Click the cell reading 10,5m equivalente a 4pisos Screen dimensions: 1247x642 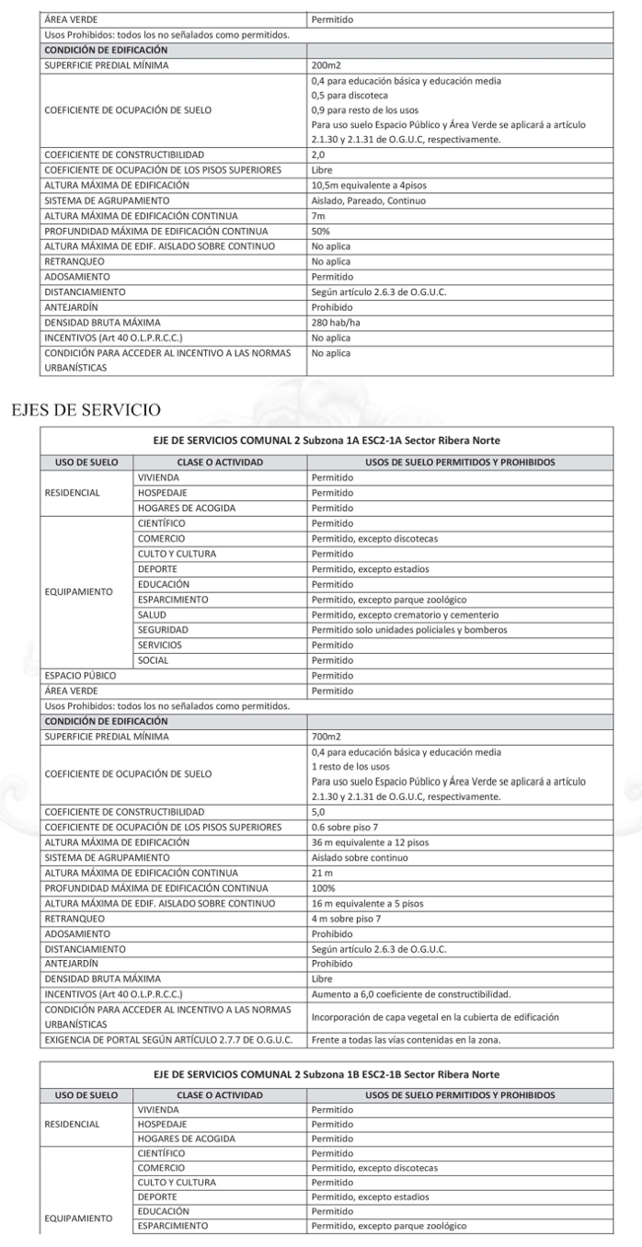coord(363,185)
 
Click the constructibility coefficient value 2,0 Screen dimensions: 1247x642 coord(319,154)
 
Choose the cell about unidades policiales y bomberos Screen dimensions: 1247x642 coord(409,630)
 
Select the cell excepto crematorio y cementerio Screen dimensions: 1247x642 coord(405,614)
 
